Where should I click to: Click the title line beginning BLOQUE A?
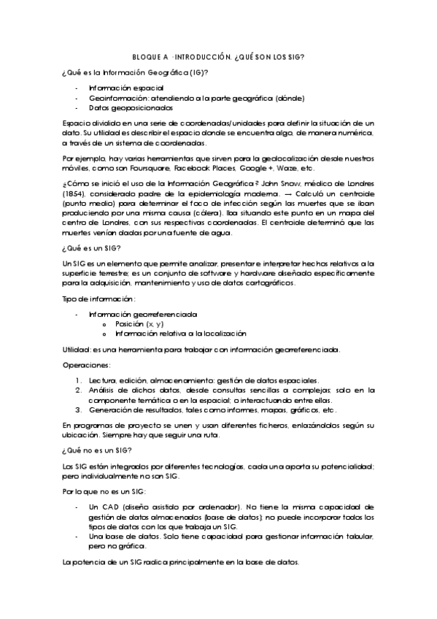[x=218, y=57]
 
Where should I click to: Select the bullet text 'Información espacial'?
[x=122, y=88]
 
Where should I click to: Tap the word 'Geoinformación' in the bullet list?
[x=113, y=98]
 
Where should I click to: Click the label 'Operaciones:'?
[x=86, y=364]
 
